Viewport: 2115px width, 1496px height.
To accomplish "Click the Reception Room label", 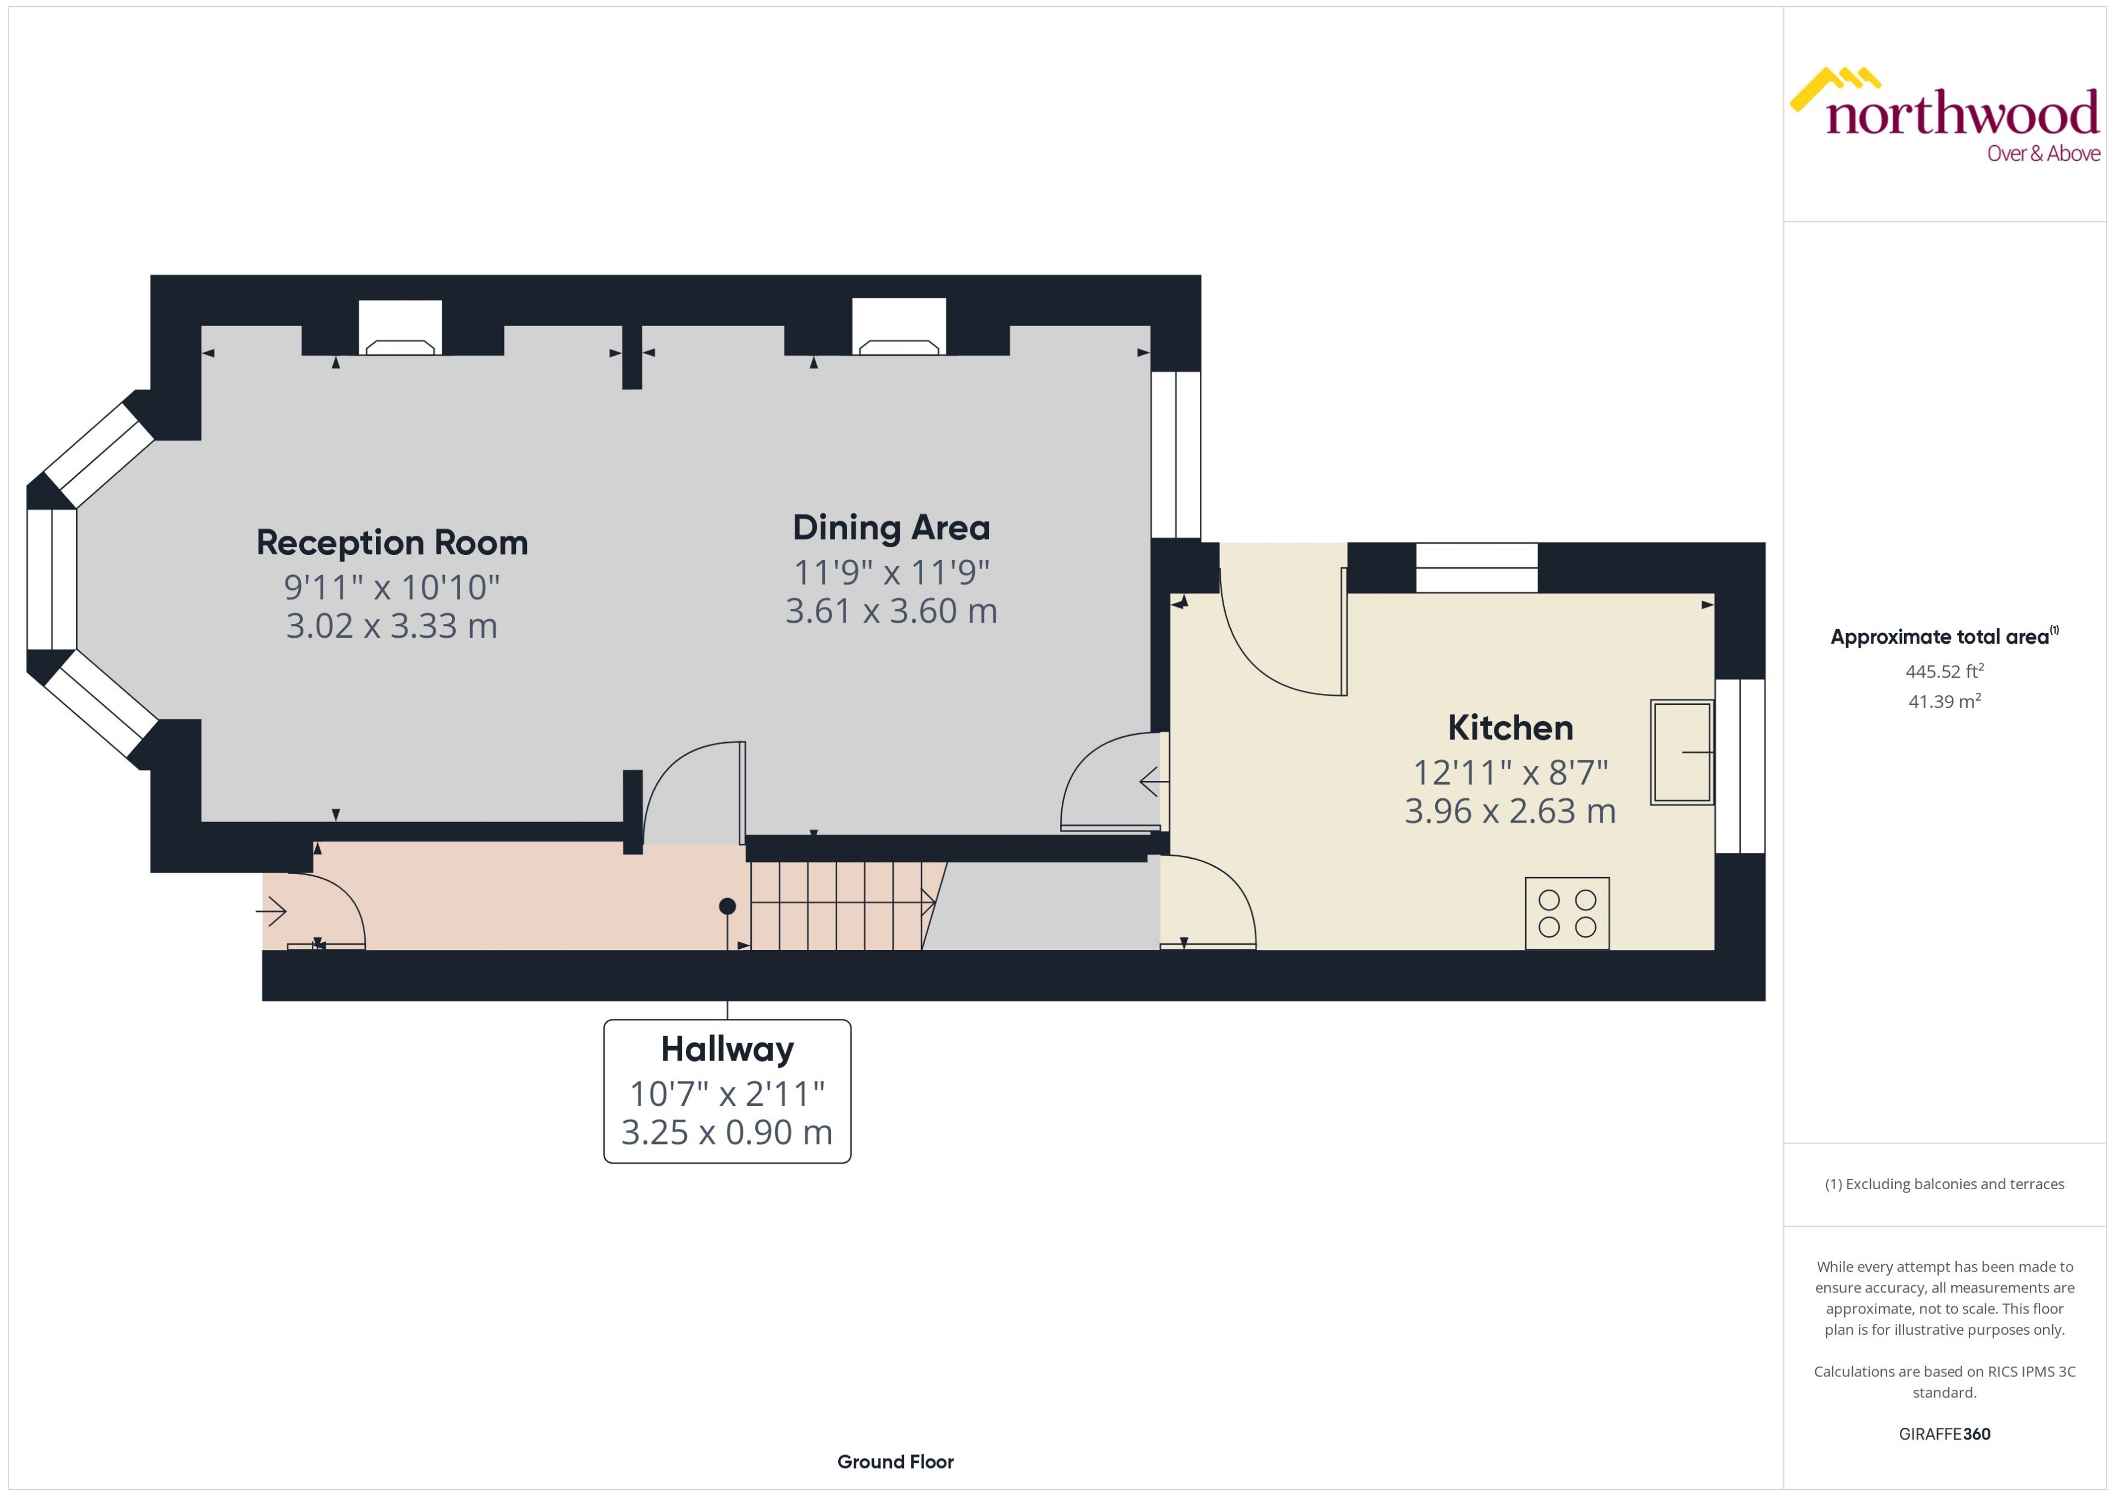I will pos(392,542).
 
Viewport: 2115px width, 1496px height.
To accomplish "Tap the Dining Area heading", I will pos(891,528).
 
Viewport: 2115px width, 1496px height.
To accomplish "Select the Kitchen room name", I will pos(1510,728).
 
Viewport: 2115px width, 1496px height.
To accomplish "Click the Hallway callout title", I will pos(727,1049).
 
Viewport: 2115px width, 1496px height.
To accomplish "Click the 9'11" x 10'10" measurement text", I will pos(392,587).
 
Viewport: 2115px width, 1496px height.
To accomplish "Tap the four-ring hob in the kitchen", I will pos(1567,913).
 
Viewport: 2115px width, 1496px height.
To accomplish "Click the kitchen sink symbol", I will pos(1681,753).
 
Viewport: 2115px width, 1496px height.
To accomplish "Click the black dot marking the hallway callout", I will pos(727,907).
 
